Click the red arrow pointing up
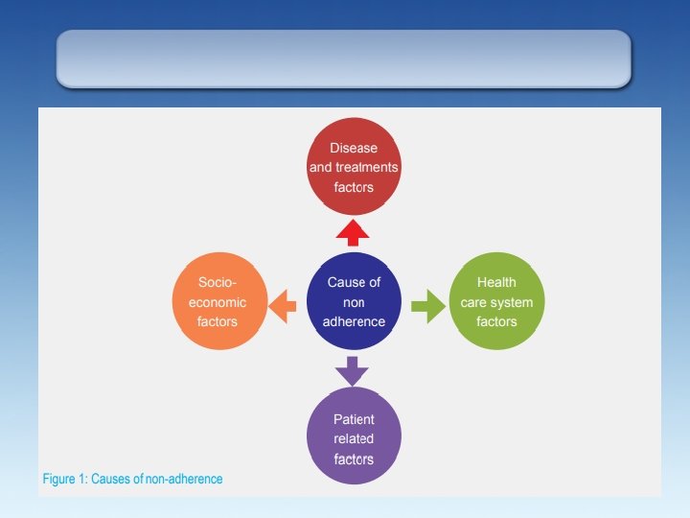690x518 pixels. pos(353,233)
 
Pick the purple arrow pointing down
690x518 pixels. pos(353,369)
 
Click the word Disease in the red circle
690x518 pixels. pos(354,148)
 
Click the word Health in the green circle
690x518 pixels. pos(496,282)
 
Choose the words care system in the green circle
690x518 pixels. pos(496,302)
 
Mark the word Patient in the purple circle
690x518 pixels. pos(354,419)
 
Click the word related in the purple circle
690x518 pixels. pos(354,439)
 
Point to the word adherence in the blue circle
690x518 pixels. pos(354,321)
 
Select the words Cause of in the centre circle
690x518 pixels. pos(354,282)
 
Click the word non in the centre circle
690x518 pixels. pos(354,302)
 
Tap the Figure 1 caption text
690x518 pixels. pos(133,478)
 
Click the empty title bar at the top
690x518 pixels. pos(344,58)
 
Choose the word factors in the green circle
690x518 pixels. pos(496,321)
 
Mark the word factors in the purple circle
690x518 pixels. pos(354,459)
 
